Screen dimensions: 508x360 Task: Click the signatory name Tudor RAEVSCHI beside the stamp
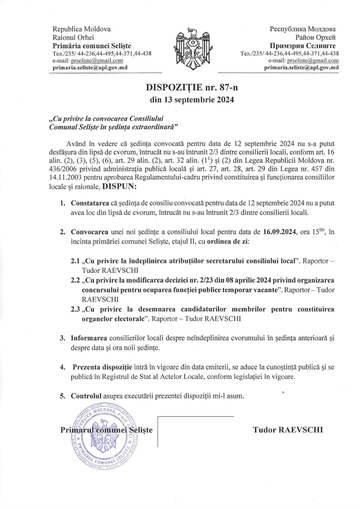coord(288,430)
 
